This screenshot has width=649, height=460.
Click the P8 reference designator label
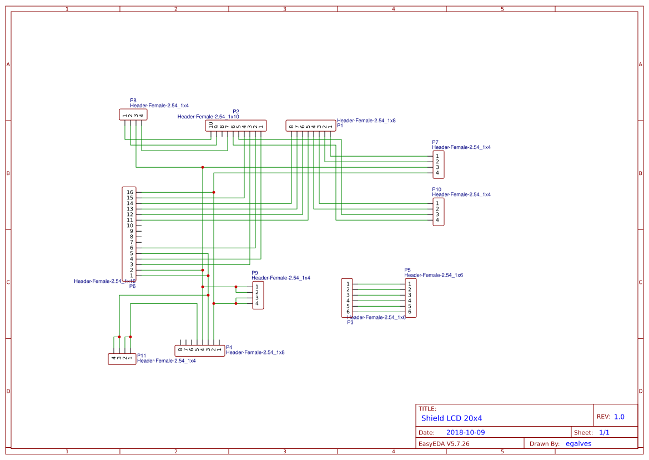[133, 101]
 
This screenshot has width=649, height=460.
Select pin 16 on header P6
[129, 192]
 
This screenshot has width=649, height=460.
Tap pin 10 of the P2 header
[211, 126]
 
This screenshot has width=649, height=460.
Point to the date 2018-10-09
[465, 432]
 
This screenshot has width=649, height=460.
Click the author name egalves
[578, 443]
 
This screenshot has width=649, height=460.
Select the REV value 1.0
[619, 417]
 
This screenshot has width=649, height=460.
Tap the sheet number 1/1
[604, 432]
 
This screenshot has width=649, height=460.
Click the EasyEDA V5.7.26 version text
[444, 443]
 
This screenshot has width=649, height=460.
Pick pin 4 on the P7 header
[437, 173]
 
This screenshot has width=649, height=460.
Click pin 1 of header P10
[437, 203]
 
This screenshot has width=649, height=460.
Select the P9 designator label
[255, 273]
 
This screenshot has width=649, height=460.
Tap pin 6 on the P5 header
[410, 312]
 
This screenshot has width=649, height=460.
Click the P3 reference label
[350, 322]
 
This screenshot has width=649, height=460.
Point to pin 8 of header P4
[180, 350]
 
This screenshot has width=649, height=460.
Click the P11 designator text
[142, 356]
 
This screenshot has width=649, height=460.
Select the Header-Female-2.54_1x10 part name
[208, 117]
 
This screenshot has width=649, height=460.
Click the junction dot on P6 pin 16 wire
[214, 192]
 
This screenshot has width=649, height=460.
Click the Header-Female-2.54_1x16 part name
[104, 281]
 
